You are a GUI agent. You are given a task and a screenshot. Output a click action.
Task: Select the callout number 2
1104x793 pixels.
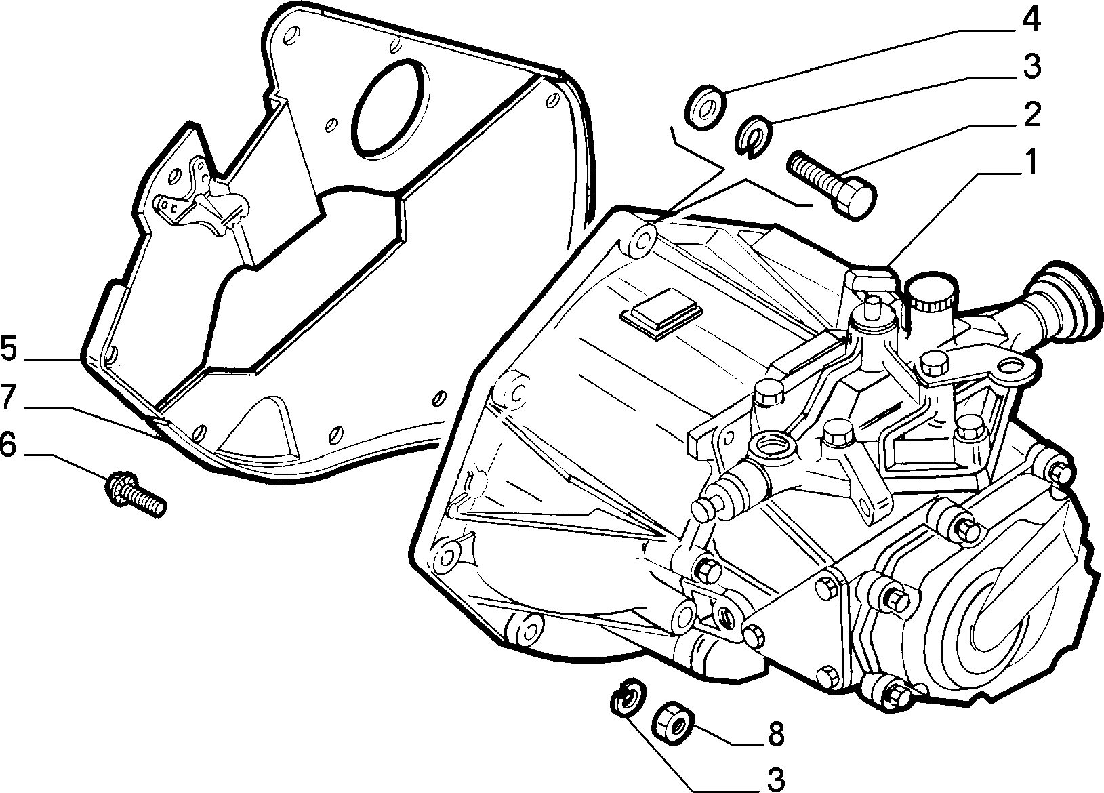(x=1030, y=115)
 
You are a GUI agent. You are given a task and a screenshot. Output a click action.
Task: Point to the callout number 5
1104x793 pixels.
(x=9, y=348)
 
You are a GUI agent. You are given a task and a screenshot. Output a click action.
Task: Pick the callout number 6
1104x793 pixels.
(x=9, y=444)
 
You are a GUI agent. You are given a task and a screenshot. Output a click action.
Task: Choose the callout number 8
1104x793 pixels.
(x=776, y=733)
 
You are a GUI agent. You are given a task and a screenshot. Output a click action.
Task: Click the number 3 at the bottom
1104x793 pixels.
(x=776, y=779)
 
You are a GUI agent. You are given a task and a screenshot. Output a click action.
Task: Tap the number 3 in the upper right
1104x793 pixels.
(x=1031, y=66)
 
